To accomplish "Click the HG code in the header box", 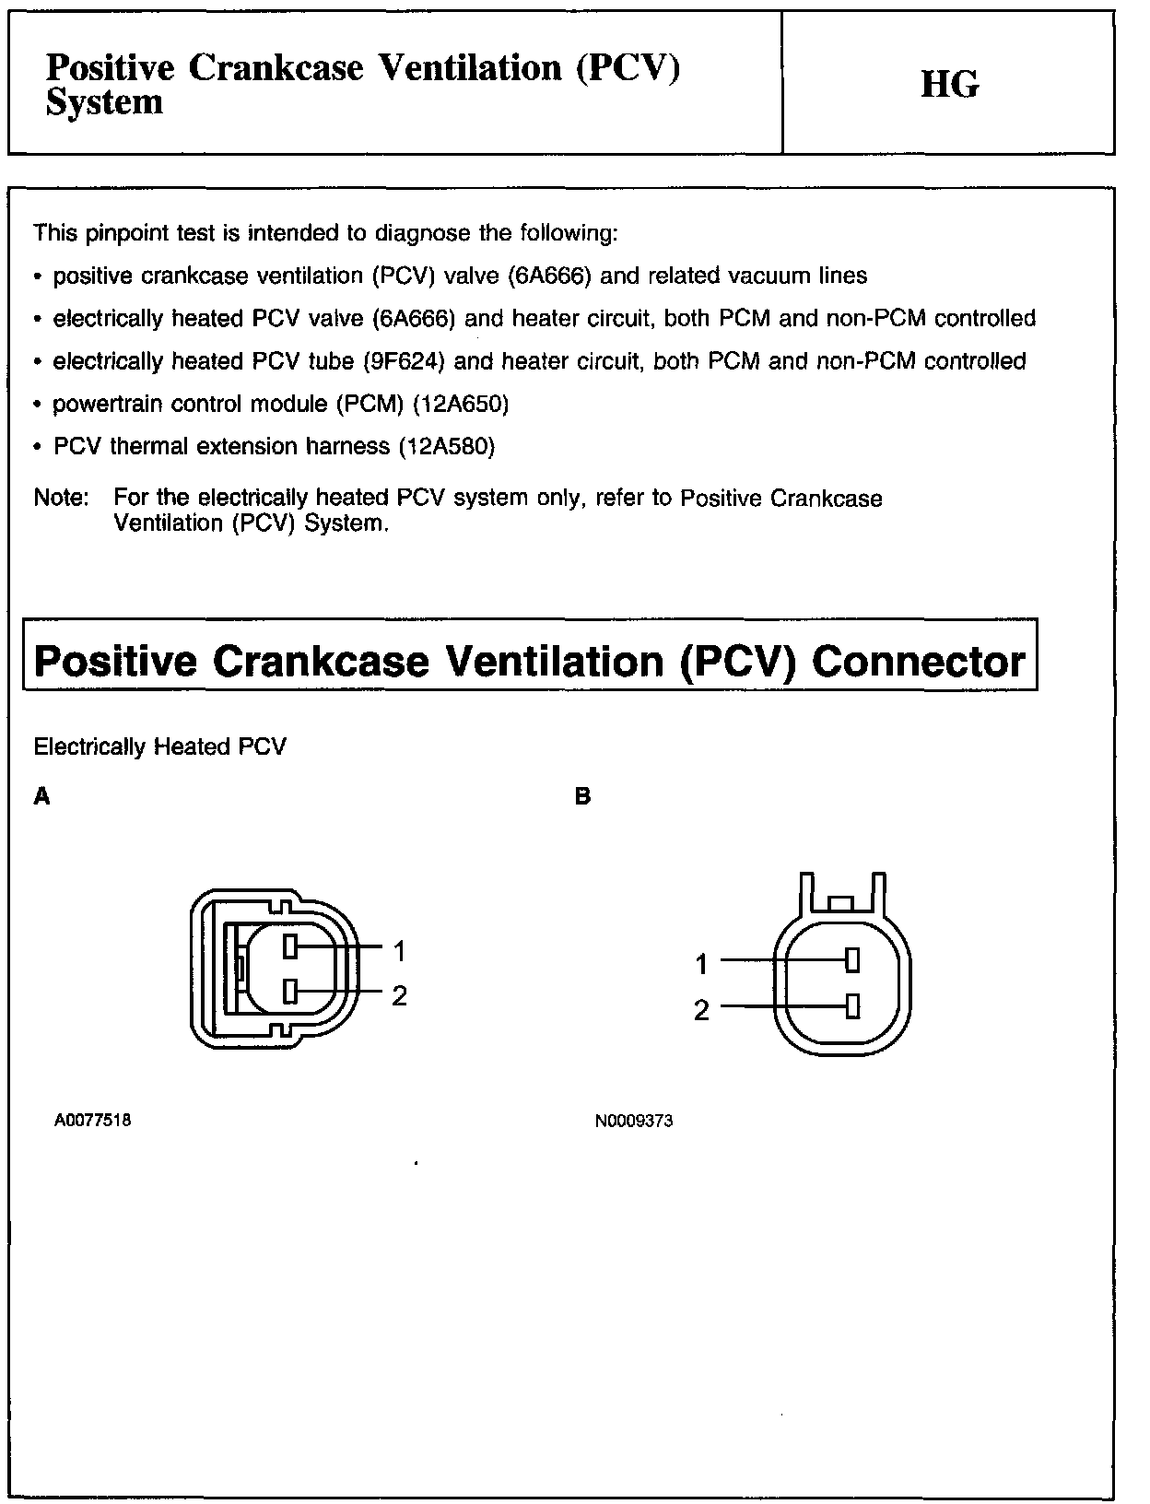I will [x=949, y=85].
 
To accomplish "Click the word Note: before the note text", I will [x=61, y=499].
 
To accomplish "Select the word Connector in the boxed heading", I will [x=918, y=661].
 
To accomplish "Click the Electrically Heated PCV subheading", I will [x=159, y=746].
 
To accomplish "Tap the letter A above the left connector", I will [x=41, y=796].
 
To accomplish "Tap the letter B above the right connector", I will [x=581, y=796].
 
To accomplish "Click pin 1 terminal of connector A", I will [x=290, y=946].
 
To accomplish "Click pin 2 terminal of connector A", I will [x=290, y=992].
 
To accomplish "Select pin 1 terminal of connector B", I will [x=852, y=960].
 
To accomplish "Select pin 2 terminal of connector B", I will [x=852, y=1005].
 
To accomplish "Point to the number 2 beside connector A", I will [x=399, y=996].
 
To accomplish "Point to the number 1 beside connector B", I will [x=701, y=965].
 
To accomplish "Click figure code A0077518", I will [x=92, y=1121].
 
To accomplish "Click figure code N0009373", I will [x=634, y=1122].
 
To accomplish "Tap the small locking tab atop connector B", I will [x=841, y=903].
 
